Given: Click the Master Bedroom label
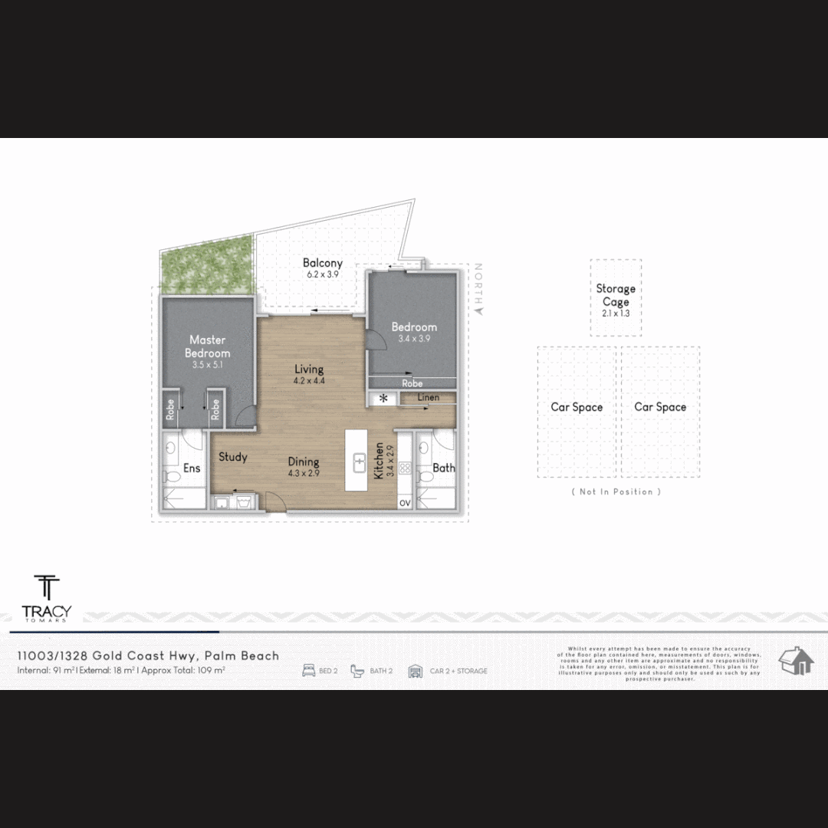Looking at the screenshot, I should (x=207, y=346).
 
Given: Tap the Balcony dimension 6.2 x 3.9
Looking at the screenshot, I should (x=322, y=274).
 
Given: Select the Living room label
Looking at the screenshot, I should (x=309, y=370).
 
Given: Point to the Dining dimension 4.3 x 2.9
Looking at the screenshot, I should (x=304, y=473).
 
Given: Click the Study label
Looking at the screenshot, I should (x=233, y=457).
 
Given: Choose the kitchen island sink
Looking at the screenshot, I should (x=359, y=462).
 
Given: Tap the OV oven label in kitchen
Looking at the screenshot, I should (x=404, y=502).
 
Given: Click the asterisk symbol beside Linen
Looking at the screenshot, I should (x=383, y=399).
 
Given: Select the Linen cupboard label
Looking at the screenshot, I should (x=429, y=397).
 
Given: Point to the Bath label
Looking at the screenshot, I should (x=444, y=468).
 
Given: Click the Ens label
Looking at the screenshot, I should (x=192, y=468).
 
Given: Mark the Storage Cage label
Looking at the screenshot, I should (x=616, y=295).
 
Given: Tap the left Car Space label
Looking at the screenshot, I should (x=577, y=407).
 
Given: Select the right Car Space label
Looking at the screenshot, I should (x=660, y=407).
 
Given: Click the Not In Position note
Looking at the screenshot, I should (x=616, y=491).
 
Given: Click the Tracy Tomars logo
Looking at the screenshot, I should (x=47, y=598).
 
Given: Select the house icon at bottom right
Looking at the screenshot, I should (x=796, y=660).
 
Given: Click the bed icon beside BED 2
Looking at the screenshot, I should (x=309, y=671).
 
